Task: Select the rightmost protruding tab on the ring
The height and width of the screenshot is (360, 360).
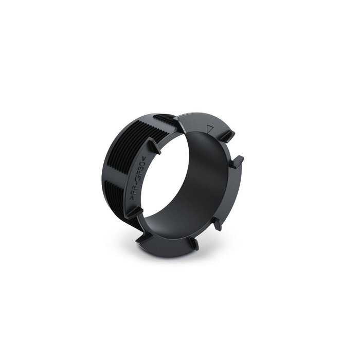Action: pos(238,161)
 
